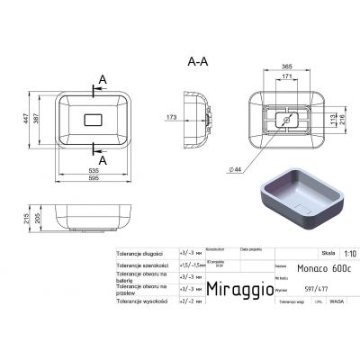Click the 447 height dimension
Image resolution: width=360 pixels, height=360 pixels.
coord(25,117)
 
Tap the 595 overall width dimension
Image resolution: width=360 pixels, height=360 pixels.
coord(94,177)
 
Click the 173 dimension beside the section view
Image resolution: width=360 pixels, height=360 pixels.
coord(171,118)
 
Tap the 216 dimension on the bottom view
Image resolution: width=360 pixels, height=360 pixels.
coord(341,118)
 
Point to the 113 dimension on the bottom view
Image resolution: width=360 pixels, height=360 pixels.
coord(330,118)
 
